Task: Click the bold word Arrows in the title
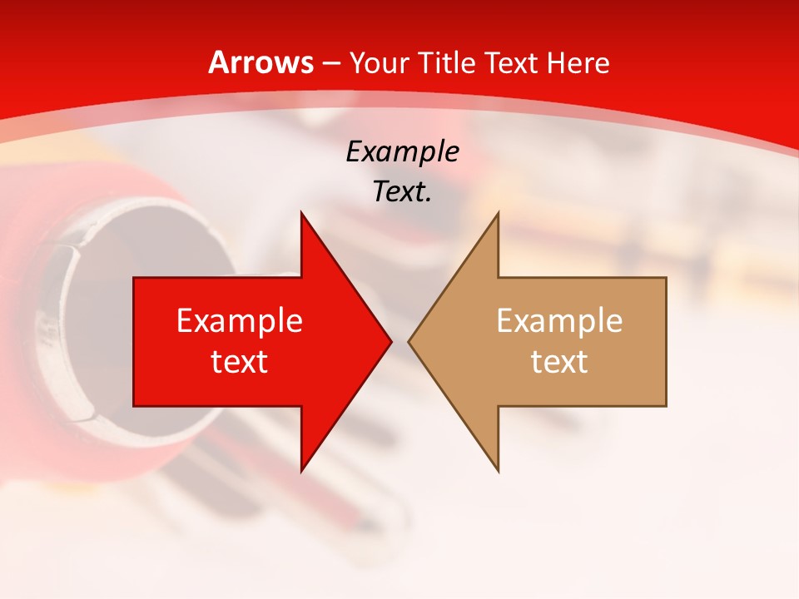[x=261, y=62]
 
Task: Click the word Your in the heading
[x=380, y=62]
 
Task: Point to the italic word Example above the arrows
[x=402, y=151]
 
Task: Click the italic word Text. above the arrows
[x=402, y=191]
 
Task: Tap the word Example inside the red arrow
[x=239, y=321]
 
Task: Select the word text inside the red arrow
[x=239, y=362]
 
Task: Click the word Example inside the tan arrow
[x=559, y=321]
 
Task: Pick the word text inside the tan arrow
[x=559, y=362]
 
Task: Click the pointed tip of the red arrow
[x=390, y=341]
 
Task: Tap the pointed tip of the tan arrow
[x=409, y=341]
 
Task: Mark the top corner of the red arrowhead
[x=301, y=213]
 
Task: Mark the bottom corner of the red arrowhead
[x=301, y=471]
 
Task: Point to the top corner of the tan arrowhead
[x=498, y=213]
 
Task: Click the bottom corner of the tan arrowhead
[x=498, y=471]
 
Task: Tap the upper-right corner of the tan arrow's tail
[x=666, y=278]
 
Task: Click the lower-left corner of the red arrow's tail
[x=134, y=406]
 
